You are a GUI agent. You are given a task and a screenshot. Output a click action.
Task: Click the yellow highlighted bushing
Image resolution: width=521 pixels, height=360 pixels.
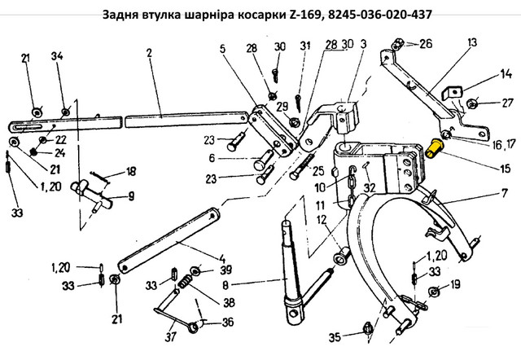click(433, 148)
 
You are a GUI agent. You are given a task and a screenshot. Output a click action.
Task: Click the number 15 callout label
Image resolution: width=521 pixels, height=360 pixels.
click(505, 169)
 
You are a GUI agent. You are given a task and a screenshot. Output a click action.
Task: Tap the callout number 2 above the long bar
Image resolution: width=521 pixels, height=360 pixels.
click(149, 52)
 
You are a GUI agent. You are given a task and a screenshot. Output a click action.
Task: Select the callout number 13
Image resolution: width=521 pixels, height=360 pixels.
click(472, 42)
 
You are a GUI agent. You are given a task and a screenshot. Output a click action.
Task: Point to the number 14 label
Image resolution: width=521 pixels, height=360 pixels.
click(506, 74)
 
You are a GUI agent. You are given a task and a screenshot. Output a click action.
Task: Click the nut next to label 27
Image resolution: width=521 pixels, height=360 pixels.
click(472, 104)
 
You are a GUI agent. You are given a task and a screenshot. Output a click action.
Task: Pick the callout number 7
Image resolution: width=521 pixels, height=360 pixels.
click(505, 193)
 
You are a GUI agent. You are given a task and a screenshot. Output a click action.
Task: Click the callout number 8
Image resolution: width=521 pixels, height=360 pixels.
click(225, 285)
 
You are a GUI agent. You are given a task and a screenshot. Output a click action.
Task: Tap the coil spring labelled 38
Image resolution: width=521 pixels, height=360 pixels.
click(185, 282)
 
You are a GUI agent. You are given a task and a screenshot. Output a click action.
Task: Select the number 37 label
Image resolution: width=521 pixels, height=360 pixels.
click(170, 337)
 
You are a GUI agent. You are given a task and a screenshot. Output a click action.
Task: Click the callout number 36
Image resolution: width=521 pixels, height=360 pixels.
click(228, 322)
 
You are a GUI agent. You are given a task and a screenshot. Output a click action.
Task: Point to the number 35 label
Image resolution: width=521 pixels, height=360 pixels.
click(335, 337)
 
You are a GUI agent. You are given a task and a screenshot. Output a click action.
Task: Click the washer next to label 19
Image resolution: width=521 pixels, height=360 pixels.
click(434, 292)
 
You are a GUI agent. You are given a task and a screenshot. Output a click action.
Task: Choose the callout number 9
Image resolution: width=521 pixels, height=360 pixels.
click(131, 196)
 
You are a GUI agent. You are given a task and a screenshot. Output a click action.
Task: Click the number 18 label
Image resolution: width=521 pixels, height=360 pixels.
click(131, 171)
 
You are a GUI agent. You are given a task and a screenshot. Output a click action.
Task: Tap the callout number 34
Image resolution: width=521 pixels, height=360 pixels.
click(57, 56)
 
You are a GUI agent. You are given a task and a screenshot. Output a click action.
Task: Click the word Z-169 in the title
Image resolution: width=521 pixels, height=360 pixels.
click(304, 15)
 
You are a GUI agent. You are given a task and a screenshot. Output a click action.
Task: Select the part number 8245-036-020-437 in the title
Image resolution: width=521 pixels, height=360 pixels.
click(380, 15)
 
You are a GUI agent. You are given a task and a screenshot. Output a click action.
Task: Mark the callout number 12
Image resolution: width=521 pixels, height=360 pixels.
click(322, 220)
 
